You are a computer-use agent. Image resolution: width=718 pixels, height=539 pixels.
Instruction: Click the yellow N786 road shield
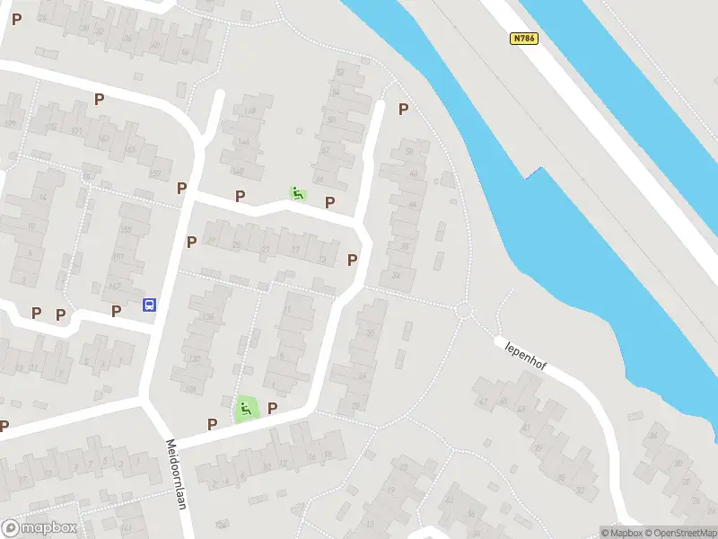click(524, 39)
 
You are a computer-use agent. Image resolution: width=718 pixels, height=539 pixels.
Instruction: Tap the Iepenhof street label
click(526, 358)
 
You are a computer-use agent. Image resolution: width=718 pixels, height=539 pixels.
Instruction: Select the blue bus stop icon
click(150, 305)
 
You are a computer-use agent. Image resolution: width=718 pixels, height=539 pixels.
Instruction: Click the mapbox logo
click(39, 528)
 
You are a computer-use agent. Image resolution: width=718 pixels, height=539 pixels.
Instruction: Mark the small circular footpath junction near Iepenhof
click(464, 311)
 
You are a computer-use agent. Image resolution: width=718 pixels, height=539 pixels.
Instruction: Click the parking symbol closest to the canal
click(403, 109)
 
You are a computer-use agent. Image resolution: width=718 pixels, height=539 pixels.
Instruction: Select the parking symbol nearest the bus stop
click(116, 311)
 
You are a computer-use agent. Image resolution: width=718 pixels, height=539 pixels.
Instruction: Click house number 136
click(208, 317)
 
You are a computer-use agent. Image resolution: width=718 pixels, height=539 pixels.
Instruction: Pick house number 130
click(196, 359)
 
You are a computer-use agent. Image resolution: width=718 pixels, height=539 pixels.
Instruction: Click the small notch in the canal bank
click(538, 171)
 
